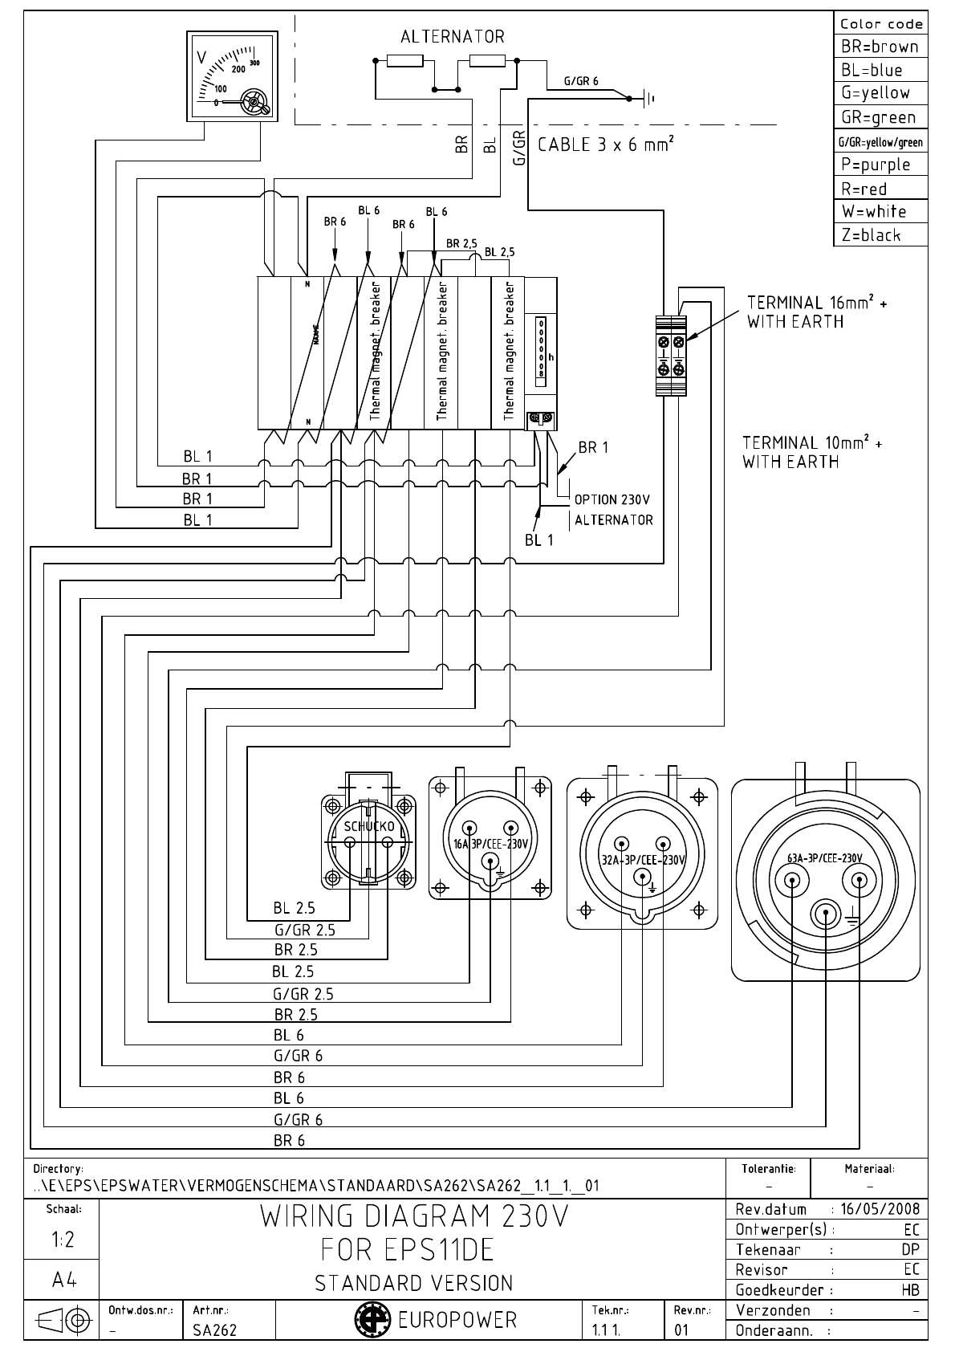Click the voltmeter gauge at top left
(232, 76)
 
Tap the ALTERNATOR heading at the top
(453, 37)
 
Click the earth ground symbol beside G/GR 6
(648, 99)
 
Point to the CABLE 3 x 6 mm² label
(605, 145)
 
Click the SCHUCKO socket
(368, 840)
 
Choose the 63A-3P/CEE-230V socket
(825, 879)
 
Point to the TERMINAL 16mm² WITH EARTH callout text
(817, 312)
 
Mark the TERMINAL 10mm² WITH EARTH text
(811, 452)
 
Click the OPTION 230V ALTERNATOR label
(613, 510)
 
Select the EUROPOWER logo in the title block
(437, 1320)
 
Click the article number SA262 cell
(215, 1330)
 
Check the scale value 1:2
(63, 1240)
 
